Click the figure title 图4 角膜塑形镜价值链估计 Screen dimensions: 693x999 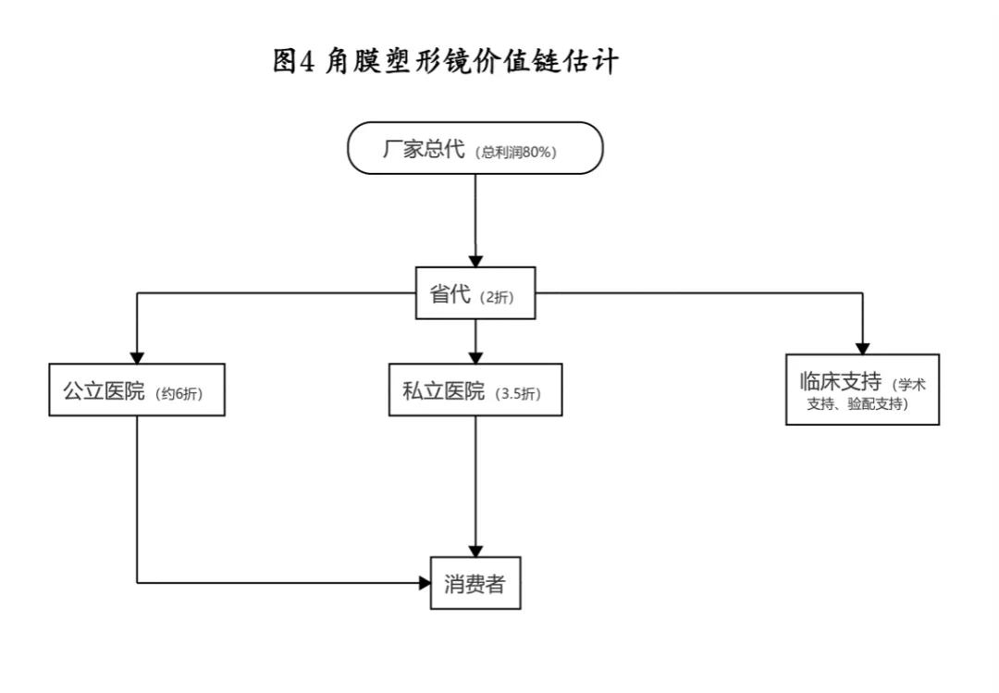pos(446,62)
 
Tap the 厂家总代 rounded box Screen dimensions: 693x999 pos(475,148)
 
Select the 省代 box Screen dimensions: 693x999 pos(475,294)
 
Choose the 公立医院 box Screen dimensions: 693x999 pos(136,390)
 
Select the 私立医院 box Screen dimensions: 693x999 pos(475,390)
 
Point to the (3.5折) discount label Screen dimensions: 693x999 pos(519,393)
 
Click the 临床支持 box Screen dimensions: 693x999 pos(861,390)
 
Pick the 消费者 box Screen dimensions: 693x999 pos(475,584)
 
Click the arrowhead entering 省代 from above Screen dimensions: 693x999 pos(475,262)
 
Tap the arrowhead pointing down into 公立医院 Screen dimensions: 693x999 pos(137,356)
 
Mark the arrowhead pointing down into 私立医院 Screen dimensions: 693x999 pos(475,356)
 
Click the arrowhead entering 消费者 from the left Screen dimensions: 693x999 pos(425,583)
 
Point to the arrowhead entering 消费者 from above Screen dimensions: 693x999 pos(475,551)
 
